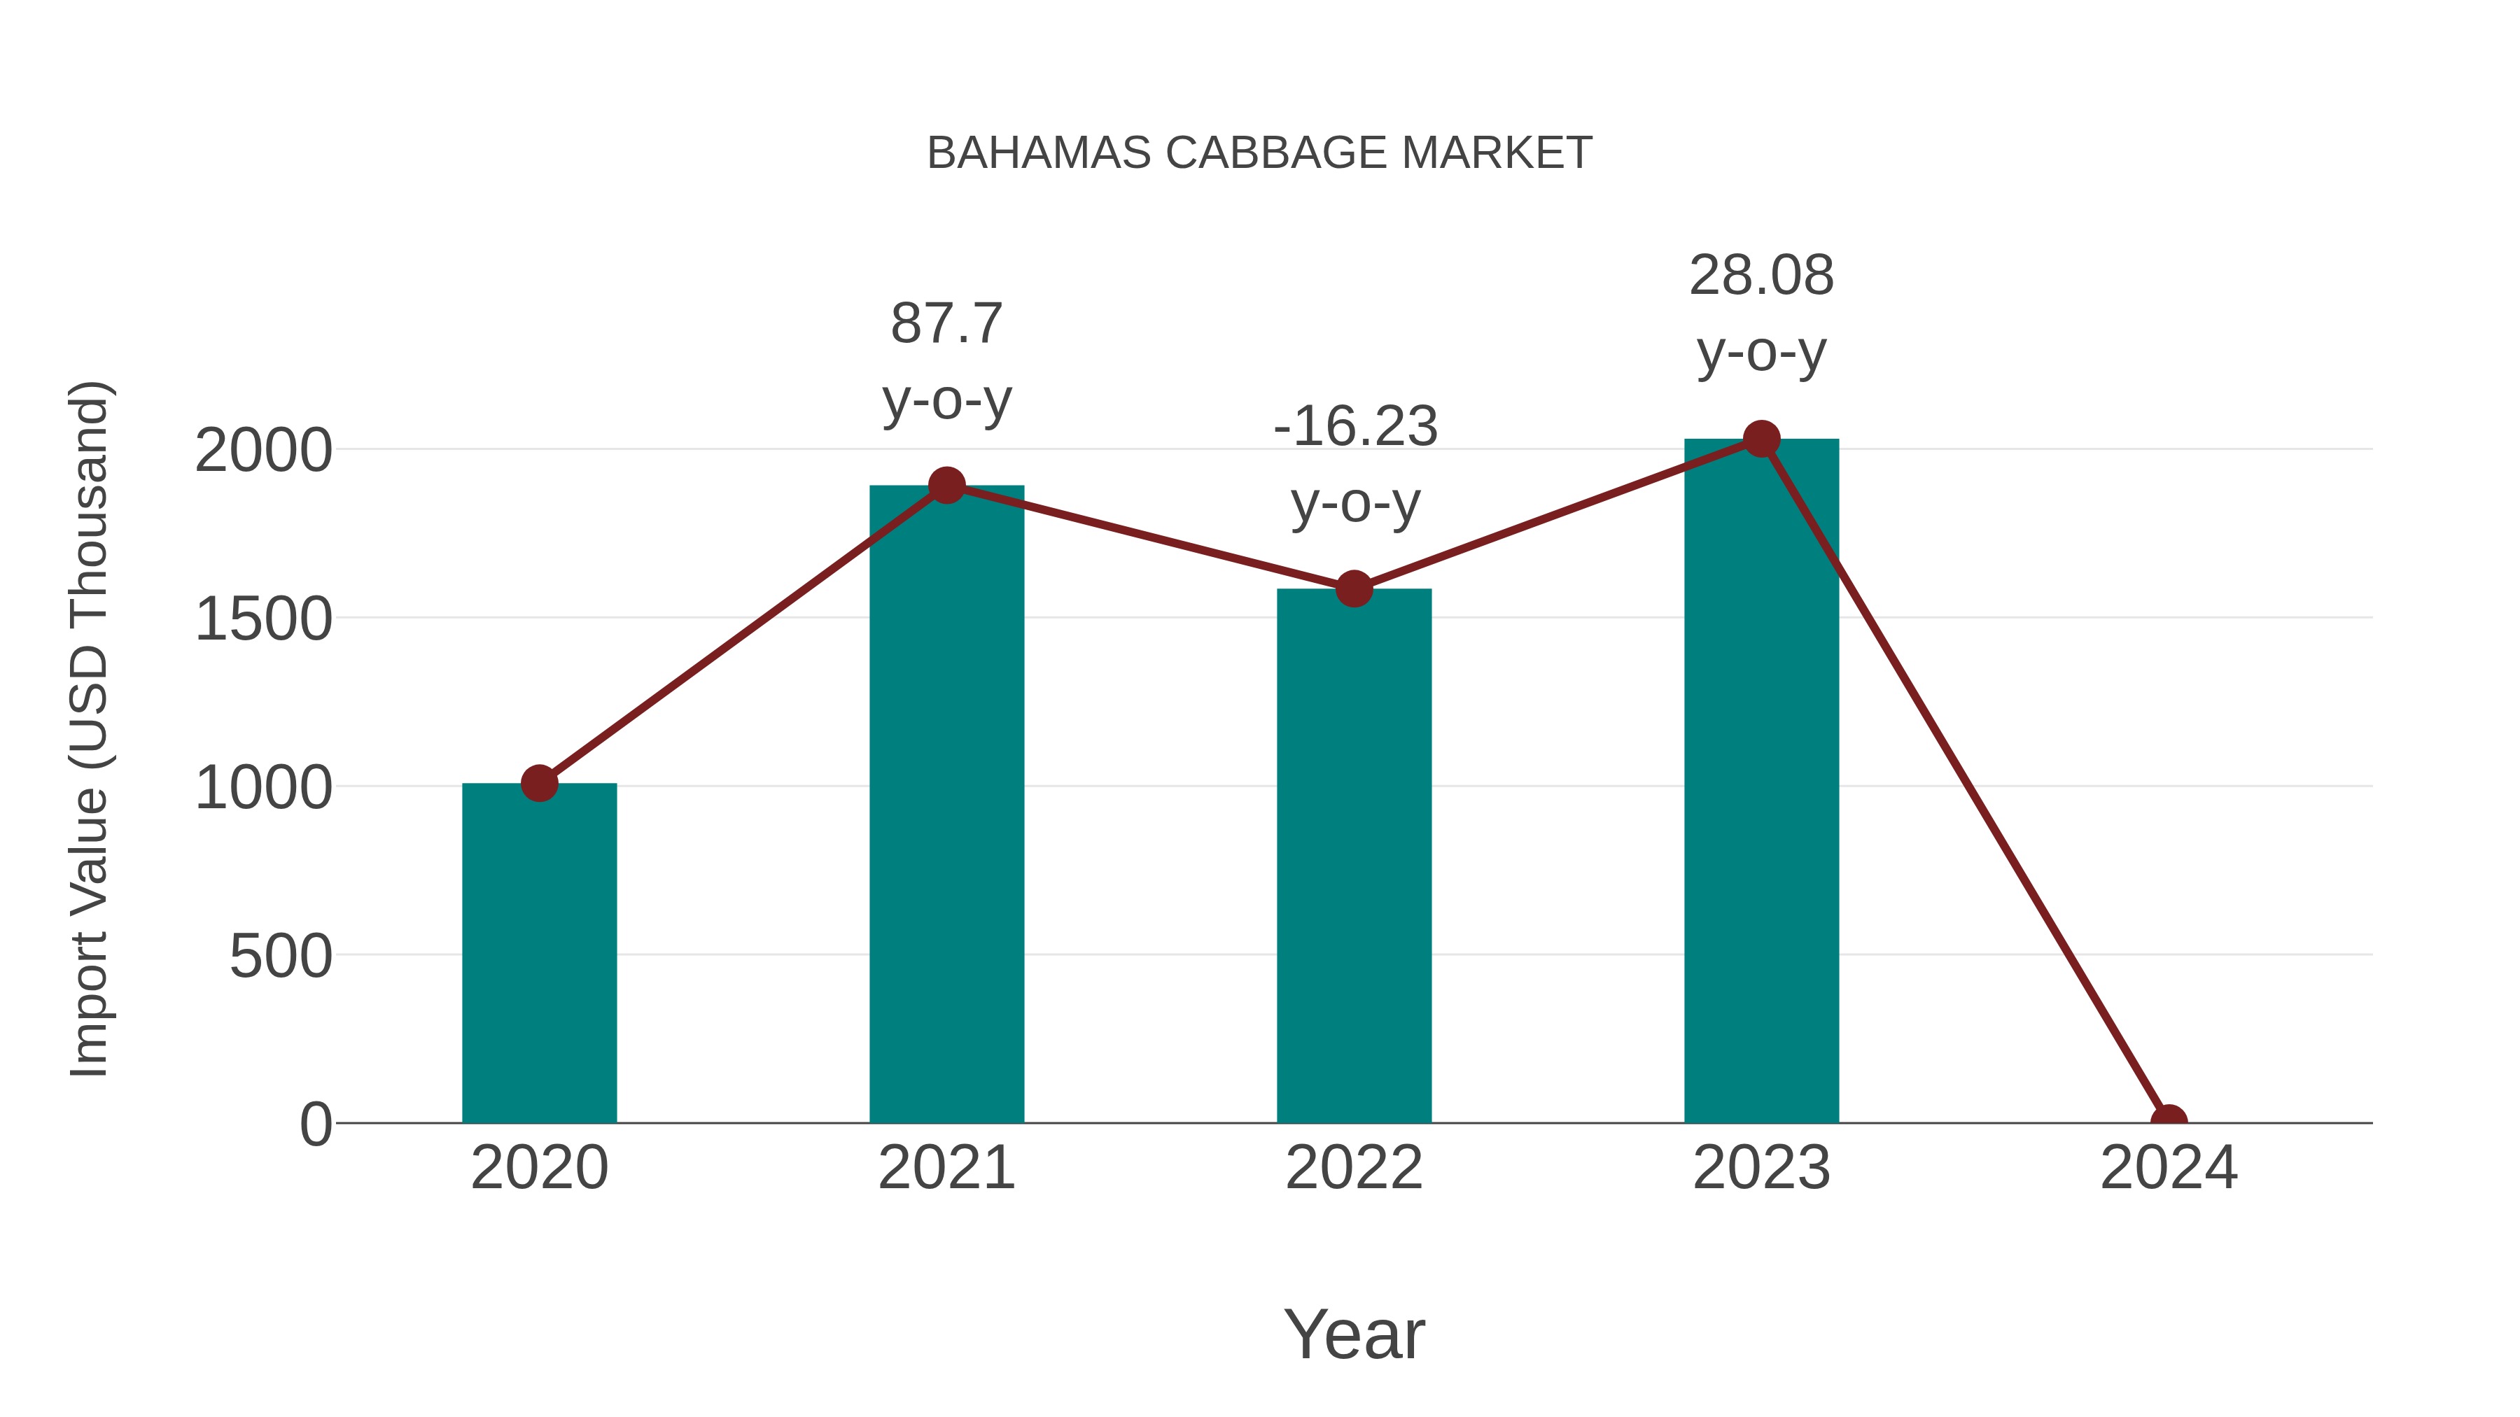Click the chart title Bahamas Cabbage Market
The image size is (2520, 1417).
tap(1259, 153)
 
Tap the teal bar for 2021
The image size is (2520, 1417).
tap(946, 812)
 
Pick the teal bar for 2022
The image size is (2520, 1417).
tap(1353, 861)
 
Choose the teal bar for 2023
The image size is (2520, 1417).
tap(1761, 782)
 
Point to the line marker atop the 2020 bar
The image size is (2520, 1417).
tap(539, 783)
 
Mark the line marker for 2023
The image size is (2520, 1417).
tap(1761, 439)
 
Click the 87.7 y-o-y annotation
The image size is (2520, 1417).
tap(946, 361)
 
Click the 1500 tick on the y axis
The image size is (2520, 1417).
tap(263, 619)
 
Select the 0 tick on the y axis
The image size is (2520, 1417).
tap(316, 1124)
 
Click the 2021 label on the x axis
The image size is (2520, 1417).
tap(946, 1168)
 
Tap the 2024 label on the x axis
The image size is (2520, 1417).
tap(2168, 1168)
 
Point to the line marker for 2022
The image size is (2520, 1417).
tap(1353, 588)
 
